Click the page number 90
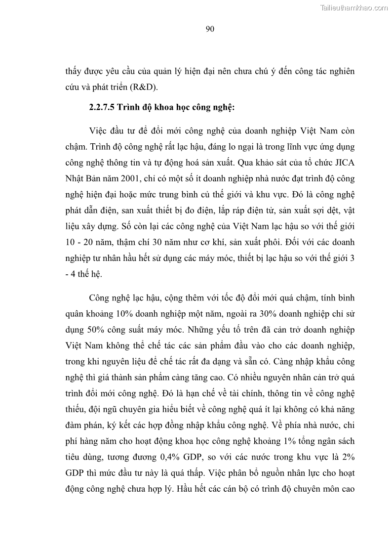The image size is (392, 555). pos(209,29)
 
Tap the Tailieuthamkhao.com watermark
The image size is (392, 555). pos(354,7)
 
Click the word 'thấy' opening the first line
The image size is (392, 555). pos(75,71)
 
